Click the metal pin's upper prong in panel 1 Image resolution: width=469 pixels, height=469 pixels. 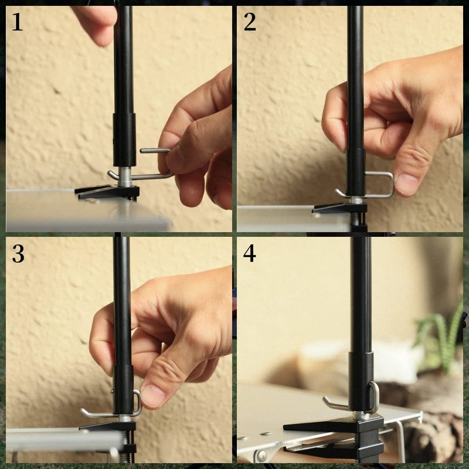tap(154, 151)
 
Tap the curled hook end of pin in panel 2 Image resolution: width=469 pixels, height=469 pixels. tap(340, 193)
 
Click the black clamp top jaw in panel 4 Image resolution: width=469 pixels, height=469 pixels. tap(328, 424)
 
